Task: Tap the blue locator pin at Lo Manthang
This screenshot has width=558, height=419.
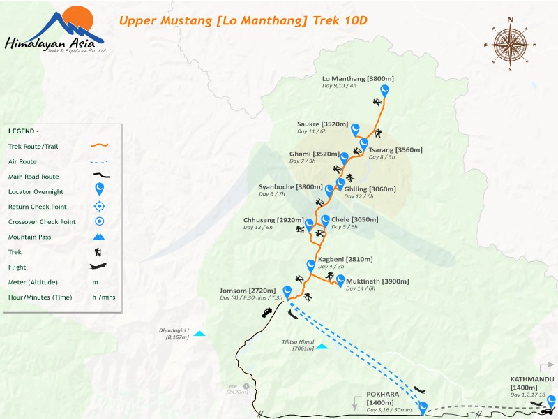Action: pos(384,90)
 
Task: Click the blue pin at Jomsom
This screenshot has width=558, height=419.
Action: pos(287,291)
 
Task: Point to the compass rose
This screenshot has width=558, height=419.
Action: pos(510,43)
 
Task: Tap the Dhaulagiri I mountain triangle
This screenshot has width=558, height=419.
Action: pos(200,334)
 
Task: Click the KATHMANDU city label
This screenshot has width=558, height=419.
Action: pos(531,379)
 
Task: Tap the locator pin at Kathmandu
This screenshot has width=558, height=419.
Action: pos(551,401)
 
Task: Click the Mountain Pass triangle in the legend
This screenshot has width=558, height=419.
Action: pos(99,237)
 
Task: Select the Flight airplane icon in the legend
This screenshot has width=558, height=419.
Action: pos(99,267)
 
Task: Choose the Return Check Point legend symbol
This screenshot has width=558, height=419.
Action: pos(99,207)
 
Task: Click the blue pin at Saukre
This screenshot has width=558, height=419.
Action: pos(355,128)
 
